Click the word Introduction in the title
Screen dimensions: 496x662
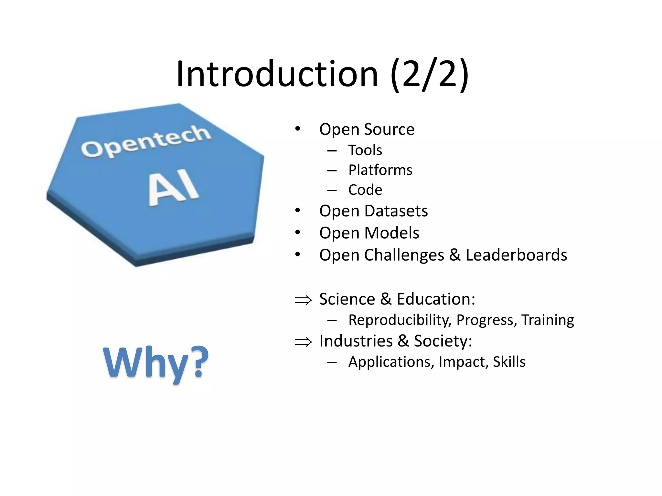(x=277, y=74)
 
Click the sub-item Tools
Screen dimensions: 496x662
(x=365, y=150)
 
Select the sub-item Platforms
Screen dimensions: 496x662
(x=380, y=170)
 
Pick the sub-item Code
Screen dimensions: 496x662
(x=365, y=190)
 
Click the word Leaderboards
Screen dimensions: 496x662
(x=516, y=255)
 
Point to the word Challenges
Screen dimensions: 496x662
(x=404, y=255)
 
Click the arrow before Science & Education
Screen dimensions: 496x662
(x=303, y=300)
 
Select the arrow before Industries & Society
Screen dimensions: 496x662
(x=303, y=342)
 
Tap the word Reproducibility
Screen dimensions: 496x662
(x=400, y=320)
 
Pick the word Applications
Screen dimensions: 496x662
(x=391, y=362)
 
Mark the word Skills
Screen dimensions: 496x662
(x=509, y=362)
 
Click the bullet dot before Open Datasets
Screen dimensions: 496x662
(x=298, y=211)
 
